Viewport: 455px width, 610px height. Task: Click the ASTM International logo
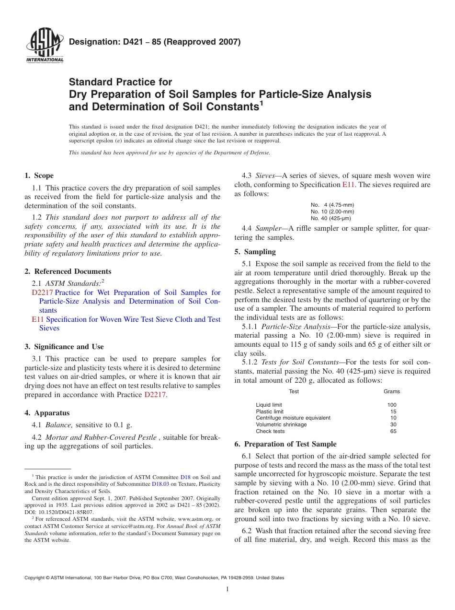(44, 47)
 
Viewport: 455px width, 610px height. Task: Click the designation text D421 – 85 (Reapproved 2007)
(154, 42)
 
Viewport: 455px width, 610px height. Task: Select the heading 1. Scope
(39, 176)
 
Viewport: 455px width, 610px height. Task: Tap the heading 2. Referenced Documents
(68, 271)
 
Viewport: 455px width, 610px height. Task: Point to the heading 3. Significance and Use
(64, 347)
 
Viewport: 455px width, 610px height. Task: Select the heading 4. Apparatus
(47, 413)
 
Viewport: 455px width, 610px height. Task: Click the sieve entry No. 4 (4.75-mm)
(332, 205)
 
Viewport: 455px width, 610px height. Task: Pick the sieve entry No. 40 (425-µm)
(330, 218)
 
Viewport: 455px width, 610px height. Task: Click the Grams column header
(391, 391)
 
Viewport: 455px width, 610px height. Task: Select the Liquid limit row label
(269, 405)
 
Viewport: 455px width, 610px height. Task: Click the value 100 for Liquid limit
(392, 405)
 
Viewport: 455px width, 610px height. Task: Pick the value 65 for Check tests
(393, 431)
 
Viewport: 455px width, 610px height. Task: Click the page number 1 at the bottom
(227, 589)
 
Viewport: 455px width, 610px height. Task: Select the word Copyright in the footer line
(35, 578)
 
